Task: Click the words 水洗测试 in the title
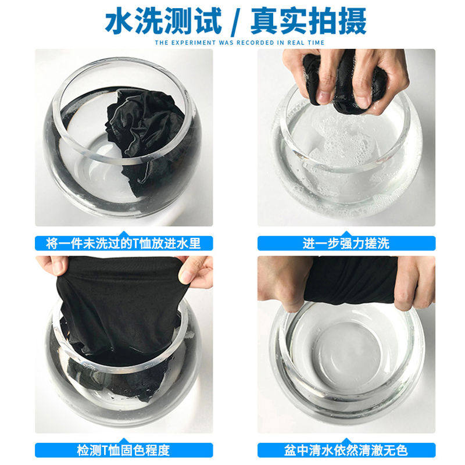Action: (163, 20)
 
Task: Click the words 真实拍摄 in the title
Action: (308, 20)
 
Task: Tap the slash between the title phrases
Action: (236, 21)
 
